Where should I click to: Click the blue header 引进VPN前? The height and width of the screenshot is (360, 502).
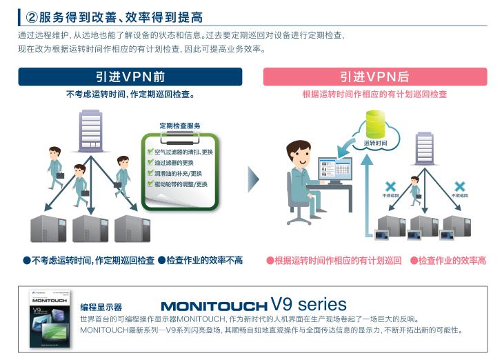(x=130, y=77)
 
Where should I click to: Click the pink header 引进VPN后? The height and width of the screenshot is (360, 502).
(x=374, y=77)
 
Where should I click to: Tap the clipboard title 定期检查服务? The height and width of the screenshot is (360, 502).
(x=180, y=126)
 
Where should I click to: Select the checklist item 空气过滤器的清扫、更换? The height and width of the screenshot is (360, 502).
(x=183, y=151)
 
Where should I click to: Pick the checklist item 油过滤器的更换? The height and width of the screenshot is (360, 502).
(x=174, y=162)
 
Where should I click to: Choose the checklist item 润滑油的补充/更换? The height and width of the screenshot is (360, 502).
(x=178, y=173)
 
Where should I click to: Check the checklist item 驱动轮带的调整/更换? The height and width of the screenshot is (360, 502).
(x=181, y=184)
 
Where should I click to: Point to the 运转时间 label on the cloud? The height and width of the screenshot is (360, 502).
(x=376, y=143)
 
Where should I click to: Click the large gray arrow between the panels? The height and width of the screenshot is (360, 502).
(x=253, y=179)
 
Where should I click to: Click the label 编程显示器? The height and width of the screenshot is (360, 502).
(x=101, y=306)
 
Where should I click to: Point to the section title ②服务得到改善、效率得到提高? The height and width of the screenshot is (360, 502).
(x=114, y=16)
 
